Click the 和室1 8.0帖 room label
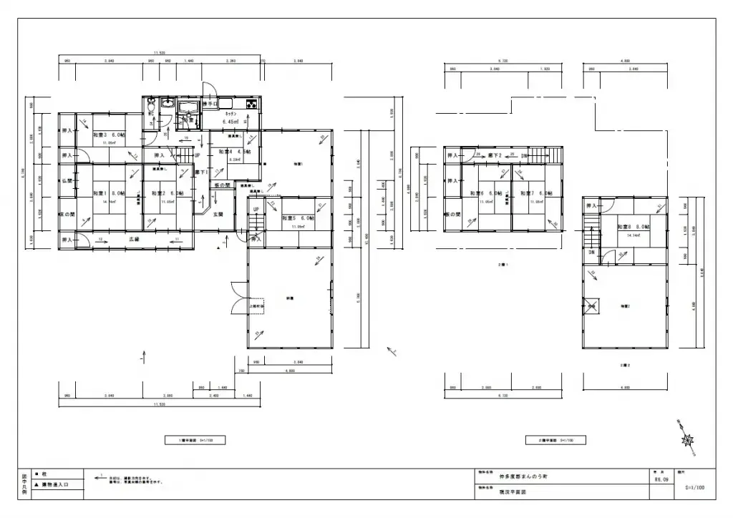(109, 194)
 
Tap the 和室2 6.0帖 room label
(167, 194)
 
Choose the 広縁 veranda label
(133, 239)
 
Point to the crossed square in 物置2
(592, 306)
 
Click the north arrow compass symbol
(688, 438)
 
